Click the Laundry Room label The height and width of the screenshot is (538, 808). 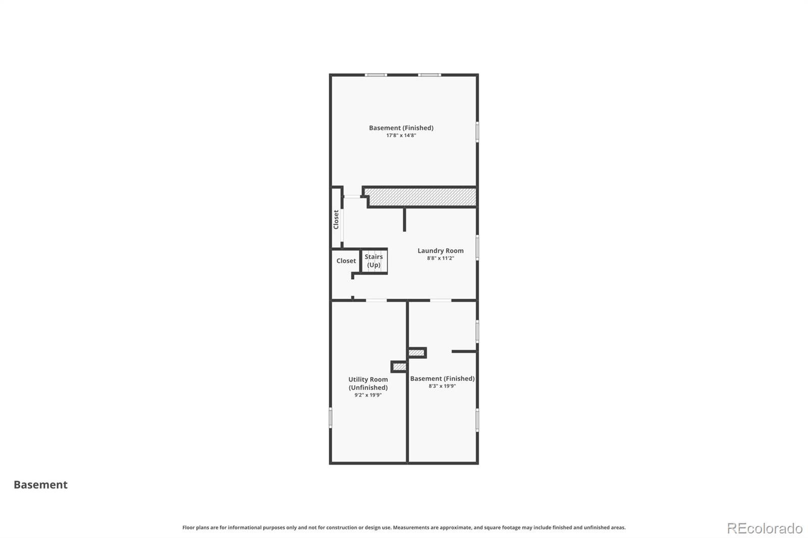pyautogui.click(x=440, y=251)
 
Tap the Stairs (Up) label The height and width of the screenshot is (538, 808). pyautogui.click(x=374, y=261)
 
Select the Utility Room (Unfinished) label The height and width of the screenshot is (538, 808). pyautogui.click(x=368, y=383)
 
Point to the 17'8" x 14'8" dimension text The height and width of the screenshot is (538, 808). pyautogui.click(x=401, y=136)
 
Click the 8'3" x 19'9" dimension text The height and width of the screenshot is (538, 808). pyautogui.click(x=442, y=386)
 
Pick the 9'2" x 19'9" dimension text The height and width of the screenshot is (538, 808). pyautogui.click(x=368, y=395)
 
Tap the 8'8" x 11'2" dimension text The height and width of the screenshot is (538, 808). pyautogui.click(x=440, y=258)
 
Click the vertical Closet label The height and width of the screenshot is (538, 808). pyautogui.click(x=336, y=220)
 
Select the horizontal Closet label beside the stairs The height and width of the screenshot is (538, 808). pyautogui.click(x=346, y=261)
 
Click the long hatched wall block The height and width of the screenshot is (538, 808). pyautogui.click(x=422, y=197)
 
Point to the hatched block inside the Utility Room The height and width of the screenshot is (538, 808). pyautogui.click(x=399, y=367)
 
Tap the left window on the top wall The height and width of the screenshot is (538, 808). pyautogui.click(x=376, y=75)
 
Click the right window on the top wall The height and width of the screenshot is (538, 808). pyautogui.click(x=429, y=75)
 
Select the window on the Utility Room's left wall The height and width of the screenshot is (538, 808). pyautogui.click(x=330, y=418)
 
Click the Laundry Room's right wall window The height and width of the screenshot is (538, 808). pyautogui.click(x=477, y=247)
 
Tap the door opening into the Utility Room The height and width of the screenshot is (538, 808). pyautogui.click(x=376, y=300)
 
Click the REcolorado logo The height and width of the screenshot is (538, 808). pyautogui.click(x=765, y=528)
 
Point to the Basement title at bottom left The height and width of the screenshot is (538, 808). pyautogui.click(x=40, y=485)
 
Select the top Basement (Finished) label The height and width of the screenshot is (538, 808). pyautogui.click(x=401, y=128)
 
